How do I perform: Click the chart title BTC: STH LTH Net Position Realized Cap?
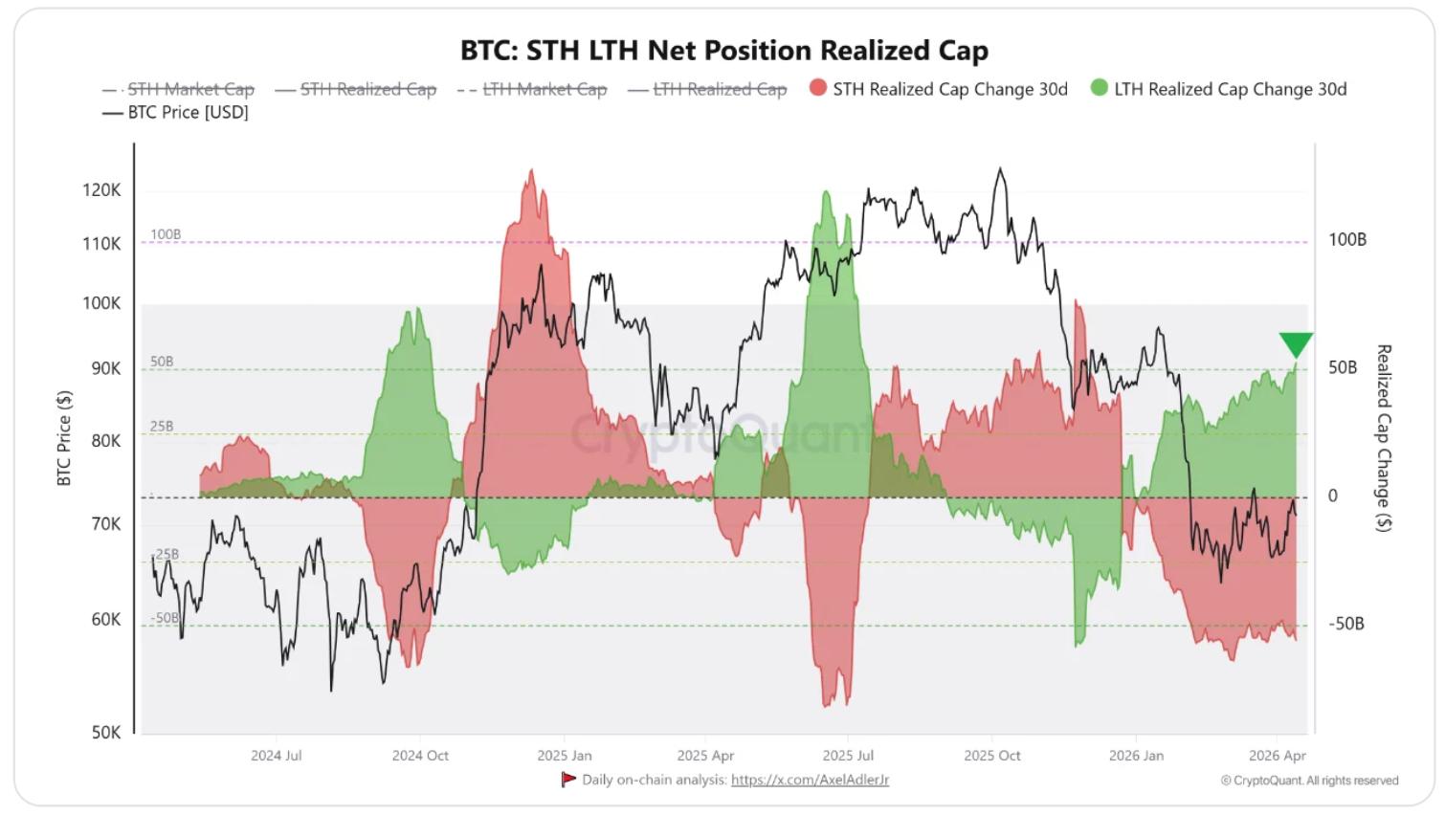723,50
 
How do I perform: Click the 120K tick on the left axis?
101,190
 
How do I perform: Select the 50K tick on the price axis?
105,733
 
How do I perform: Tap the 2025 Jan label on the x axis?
564,756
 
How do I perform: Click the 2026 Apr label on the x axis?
1277,756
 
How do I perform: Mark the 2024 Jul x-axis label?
276,756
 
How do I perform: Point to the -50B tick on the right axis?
1345,624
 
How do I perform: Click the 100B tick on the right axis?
1346,239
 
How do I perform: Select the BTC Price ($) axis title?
64,438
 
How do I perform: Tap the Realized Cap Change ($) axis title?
1383,438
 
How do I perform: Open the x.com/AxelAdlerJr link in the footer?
810,780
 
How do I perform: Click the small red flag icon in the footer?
568,779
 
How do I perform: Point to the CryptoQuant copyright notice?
1309,781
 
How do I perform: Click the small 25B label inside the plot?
162,427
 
